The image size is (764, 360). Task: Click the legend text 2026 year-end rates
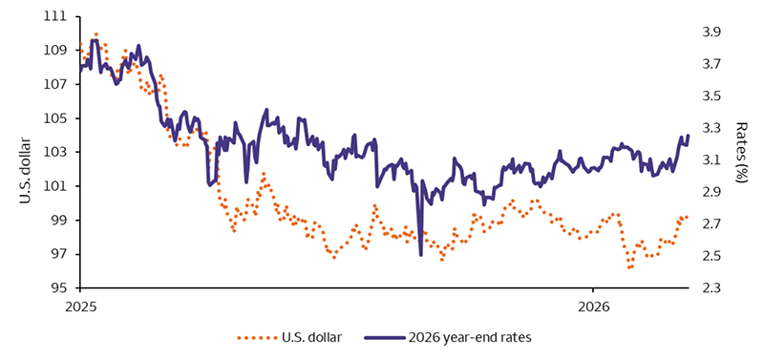pyautogui.click(x=470, y=337)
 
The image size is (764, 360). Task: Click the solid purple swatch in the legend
pyautogui.click(x=384, y=337)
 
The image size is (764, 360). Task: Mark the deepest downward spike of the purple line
pyautogui.click(x=420, y=255)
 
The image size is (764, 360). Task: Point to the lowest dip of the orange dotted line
pyautogui.click(x=630, y=268)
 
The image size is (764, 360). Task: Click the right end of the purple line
pyautogui.click(x=689, y=136)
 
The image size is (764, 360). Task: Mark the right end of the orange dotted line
pyautogui.click(x=688, y=217)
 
